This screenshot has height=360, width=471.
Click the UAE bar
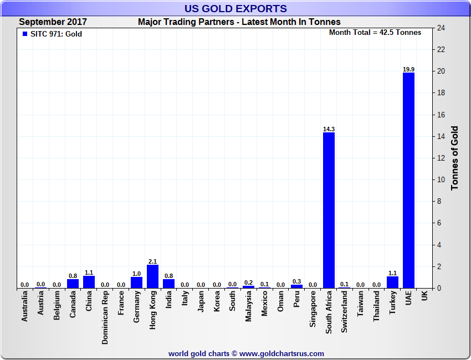[x=408, y=180]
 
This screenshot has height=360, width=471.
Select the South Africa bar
[x=329, y=210]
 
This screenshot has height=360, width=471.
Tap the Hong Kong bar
[x=152, y=276]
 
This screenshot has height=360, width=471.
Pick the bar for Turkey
[x=392, y=282]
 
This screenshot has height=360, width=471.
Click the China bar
[x=89, y=282]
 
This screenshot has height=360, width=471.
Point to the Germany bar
[x=136, y=282]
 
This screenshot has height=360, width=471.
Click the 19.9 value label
[x=408, y=69]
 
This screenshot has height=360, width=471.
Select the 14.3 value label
[x=329, y=129]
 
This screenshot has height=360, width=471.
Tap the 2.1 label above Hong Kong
[x=152, y=261]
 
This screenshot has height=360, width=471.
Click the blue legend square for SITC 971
[x=24, y=34]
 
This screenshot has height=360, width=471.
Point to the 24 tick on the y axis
[x=441, y=28]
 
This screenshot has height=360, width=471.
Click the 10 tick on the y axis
[x=441, y=179]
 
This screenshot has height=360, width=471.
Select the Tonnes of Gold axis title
[x=455, y=158]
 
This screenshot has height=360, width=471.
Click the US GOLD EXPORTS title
[x=235, y=8]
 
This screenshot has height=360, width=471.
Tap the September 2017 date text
[x=53, y=22]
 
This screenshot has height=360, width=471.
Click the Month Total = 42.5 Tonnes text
[x=375, y=33]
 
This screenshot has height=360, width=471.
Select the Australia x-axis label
[x=25, y=307]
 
